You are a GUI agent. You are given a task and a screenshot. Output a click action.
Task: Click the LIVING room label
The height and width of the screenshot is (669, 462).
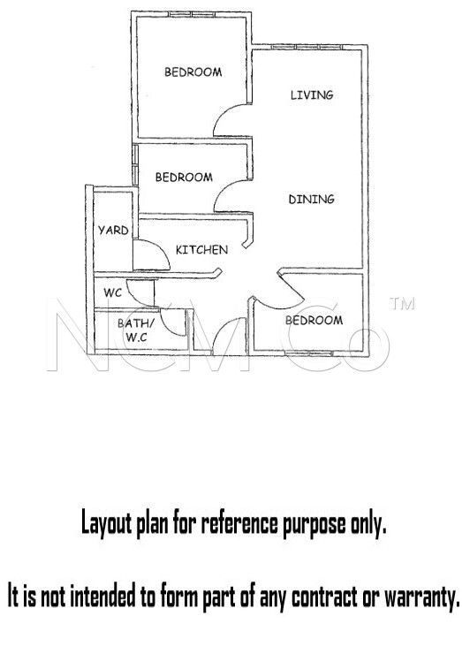click(312, 95)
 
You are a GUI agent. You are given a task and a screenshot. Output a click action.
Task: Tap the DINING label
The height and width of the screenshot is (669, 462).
click(312, 199)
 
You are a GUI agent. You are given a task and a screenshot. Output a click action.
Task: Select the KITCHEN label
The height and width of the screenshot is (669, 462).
click(201, 249)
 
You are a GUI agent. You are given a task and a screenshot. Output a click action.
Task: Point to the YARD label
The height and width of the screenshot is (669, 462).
click(113, 231)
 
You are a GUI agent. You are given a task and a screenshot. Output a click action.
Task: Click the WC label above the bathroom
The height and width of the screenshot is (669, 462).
click(113, 293)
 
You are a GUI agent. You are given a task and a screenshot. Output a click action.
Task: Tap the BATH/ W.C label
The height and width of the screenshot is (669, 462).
click(137, 331)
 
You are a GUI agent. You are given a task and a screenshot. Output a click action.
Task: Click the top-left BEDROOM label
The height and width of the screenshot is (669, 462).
click(193, 72)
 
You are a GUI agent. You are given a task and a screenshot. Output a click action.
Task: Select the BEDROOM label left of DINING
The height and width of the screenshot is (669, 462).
click(184, 177)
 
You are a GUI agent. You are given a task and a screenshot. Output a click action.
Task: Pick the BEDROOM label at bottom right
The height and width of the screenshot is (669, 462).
click(314, 320)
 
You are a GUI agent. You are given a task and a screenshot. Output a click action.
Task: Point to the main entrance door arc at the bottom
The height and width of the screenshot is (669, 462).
click(221, 329)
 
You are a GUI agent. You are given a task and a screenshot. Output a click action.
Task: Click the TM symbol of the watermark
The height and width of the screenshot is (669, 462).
click(402, 303)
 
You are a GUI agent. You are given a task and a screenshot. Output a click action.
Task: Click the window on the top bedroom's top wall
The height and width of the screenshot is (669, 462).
click(192, 14)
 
